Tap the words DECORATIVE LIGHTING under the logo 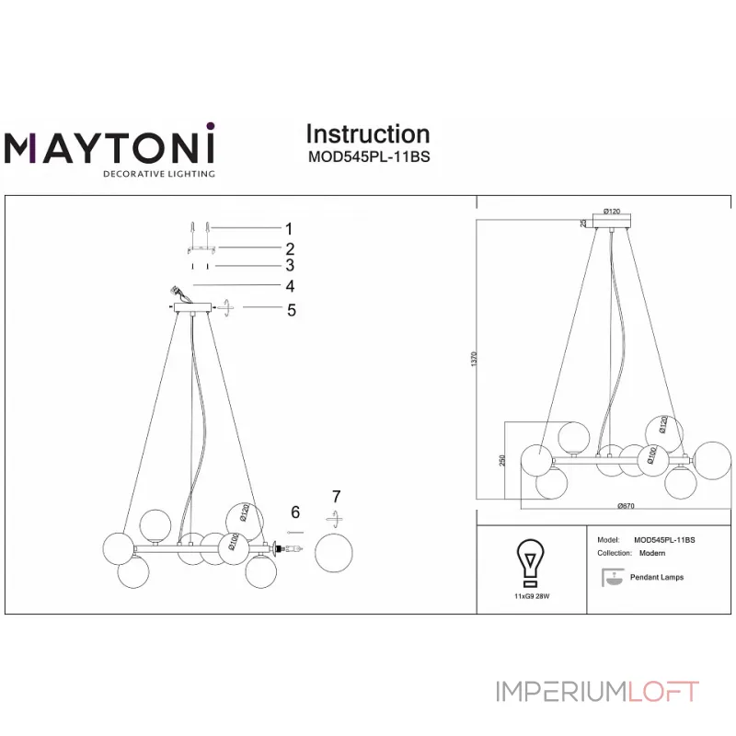pyautogui.click(x=158, y=173)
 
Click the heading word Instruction pyautogui.click(x=367, y=134)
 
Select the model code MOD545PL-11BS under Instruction pyautogui.click(x=368, y=156)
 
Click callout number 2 pyautogui.click(x=289, y=248)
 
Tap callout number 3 pyautogui.click(x=289, y=266)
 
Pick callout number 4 pyautogui.click(x=289, y=286)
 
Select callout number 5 pyautogui.click(x=291, y=310)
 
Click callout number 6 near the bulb pyautogui.click(x=295, y=512)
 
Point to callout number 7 pyautogui.click(x=335, y=498)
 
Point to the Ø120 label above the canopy pyautogui.click(x=611, y=212)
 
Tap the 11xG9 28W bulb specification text pyautogui.click(x=531, y=596)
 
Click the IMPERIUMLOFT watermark pyautogui.click(x=597, y=692)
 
